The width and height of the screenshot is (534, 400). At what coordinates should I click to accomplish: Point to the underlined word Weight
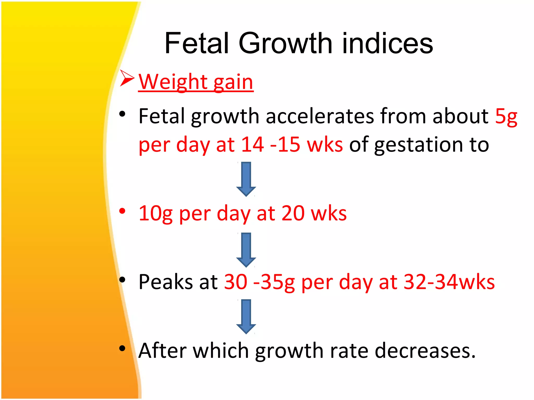(172, 82)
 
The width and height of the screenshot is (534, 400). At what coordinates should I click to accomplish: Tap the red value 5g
(506, 116)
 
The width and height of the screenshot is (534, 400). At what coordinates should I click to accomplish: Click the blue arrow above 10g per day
(246, 179)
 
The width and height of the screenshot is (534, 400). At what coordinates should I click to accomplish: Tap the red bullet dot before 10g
(122, 211)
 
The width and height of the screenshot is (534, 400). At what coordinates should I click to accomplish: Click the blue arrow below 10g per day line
(246, 250)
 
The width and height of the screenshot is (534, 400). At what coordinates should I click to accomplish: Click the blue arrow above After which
(246, 316)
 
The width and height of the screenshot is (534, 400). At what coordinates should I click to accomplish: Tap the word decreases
(425, 351)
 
